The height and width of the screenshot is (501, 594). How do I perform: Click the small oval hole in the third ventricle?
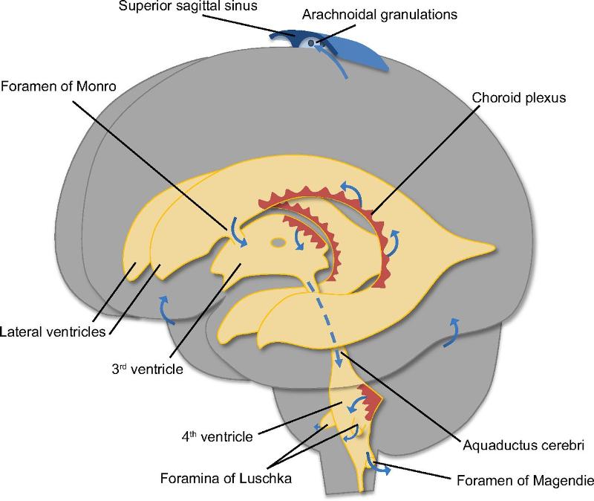coord(277,242)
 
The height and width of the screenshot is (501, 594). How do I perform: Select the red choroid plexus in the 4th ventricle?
coord(371,402)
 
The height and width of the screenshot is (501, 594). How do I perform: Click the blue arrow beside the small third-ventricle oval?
coord(301,239)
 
